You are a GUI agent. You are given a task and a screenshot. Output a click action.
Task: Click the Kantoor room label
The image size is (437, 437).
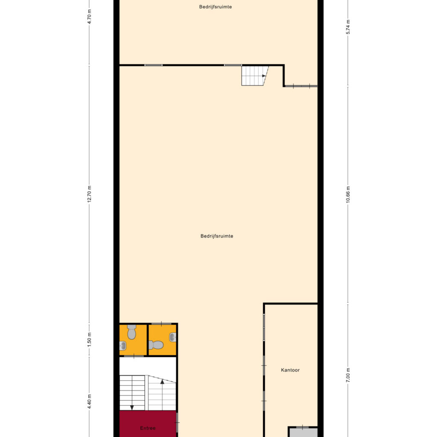pos(290,370)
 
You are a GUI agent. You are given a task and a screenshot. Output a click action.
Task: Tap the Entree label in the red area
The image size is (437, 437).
pos(148,428)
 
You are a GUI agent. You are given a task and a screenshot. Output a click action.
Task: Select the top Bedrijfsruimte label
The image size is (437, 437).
pos(216,7)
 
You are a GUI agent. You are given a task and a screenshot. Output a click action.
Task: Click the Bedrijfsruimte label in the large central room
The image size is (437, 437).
pos(217,236)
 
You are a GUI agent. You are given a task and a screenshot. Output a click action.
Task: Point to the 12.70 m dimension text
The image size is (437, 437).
pos(90,195)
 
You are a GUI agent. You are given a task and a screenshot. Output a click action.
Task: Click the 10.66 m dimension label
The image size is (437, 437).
pos(348,195)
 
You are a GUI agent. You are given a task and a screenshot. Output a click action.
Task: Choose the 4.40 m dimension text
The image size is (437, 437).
pos(90,402)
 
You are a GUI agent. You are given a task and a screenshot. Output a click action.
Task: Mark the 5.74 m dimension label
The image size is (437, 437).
pos(348,26)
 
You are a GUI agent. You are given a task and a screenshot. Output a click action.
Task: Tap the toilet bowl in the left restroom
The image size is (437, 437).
pos(131,332)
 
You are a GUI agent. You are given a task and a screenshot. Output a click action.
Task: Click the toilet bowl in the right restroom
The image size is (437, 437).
pos(156,344)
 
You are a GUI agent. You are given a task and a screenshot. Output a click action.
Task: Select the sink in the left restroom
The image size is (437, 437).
pos(122,346)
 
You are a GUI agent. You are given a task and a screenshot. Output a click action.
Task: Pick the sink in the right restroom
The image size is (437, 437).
pos(173,338)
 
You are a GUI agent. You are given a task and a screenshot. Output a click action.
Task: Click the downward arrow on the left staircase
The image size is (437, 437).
pos(132,407)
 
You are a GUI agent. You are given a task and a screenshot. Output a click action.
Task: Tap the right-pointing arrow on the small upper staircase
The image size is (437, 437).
pos(264,76)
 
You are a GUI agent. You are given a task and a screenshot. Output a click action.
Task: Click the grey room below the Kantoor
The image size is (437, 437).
pos(303,433)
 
